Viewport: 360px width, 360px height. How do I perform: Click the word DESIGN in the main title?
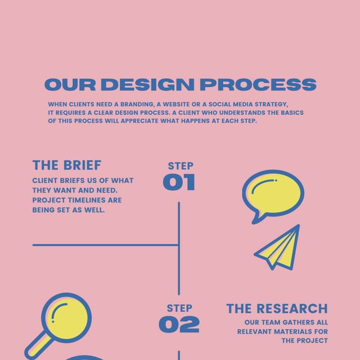[x=148, y=85]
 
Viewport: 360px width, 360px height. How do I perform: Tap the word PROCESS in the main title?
[x=258, y=85]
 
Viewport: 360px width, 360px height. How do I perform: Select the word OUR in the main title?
[x=70, y=85]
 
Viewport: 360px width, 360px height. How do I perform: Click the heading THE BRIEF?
[x=67, y=165]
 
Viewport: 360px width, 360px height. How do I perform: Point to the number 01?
[x=179, y=182]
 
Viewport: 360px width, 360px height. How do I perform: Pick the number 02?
[x=179, y=324]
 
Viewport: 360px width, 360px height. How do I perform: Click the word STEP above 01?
[x=181, y=166]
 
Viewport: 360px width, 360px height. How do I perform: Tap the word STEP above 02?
[x=179, y=308]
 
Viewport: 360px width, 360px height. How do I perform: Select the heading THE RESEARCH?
[x=277, y=308]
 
